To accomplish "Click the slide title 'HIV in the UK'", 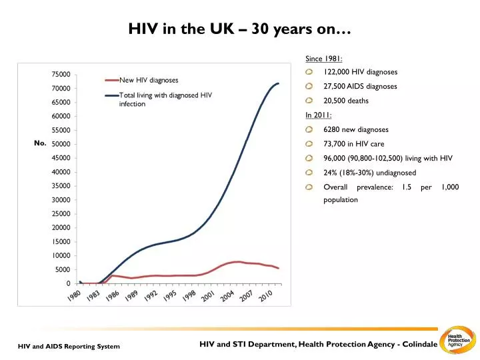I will coord(239,30).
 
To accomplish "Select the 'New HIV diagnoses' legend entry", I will coord(148,80).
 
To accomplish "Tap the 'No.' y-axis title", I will coord(39,143).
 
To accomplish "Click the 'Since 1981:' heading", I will coord(319,58).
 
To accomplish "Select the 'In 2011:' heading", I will coord(318,115).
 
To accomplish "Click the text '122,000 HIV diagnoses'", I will coord(360,72).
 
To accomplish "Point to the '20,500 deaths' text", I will coord(345,101).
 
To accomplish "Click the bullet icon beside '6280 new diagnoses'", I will coord(309,129).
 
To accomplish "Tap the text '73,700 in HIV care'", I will coord(353,144).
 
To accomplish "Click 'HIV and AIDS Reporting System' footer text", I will coord(69,347).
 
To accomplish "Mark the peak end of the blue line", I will coord(278,83).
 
